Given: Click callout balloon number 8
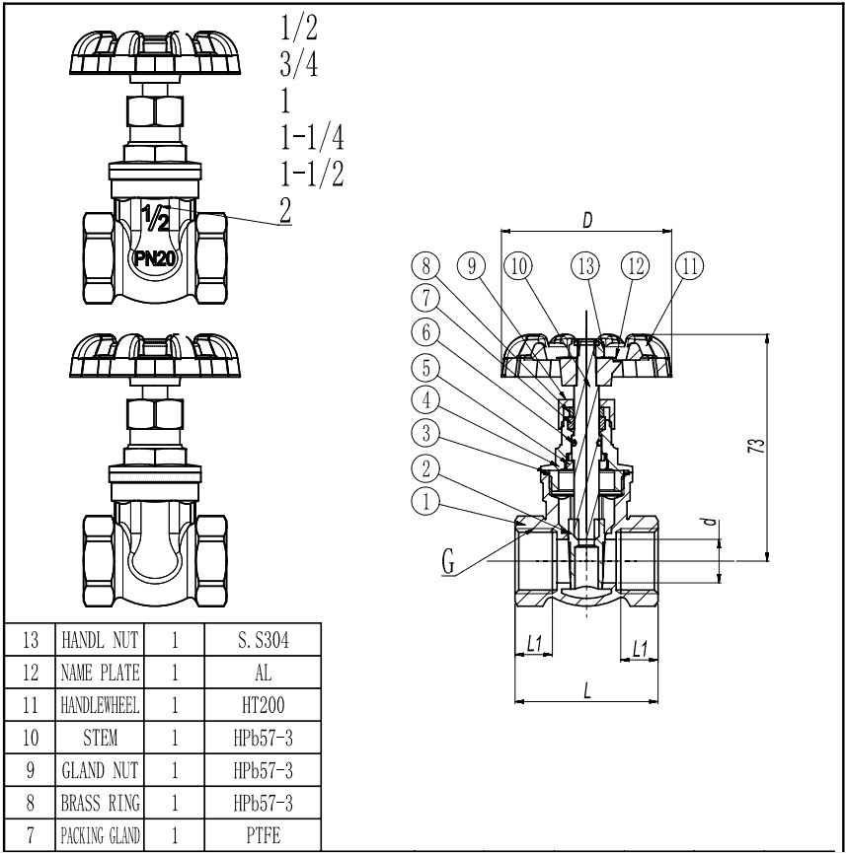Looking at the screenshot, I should (x=425, y=266).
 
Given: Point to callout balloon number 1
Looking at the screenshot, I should (x=425, y=502).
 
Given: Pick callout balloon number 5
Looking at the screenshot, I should (x=425, y=368).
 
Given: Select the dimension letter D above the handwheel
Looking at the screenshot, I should (x=586, y=221).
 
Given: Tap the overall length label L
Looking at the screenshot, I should (x=586, y=690).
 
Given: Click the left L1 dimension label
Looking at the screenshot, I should (x=534, y=645).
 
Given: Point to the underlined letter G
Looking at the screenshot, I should (x=449, y=564).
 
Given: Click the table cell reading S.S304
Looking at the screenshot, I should (x=264, y=640).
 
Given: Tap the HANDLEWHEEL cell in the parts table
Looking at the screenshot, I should (x=101, y=706).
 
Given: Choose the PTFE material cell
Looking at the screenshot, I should (x=264, y=836).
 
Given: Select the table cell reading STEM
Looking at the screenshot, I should (x=101, y=738).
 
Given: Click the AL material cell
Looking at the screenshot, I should (x=264, y=674).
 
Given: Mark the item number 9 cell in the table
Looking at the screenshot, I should (x=30, y=770).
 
